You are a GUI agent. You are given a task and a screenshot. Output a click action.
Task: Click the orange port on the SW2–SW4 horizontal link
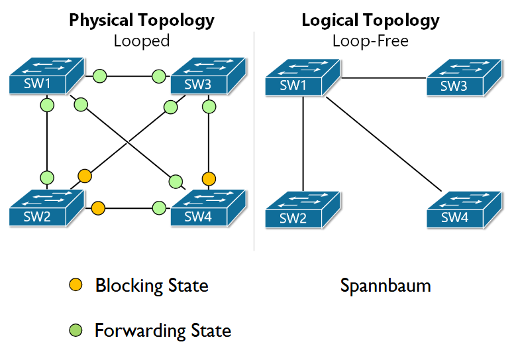pyautogui.click(x=98, y=208)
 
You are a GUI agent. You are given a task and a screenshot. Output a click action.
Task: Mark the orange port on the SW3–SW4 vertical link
pyautogui.click(x=209, y=178)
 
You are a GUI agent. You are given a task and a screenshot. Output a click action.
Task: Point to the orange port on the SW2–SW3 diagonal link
pyautogui.click(x=85, y=176)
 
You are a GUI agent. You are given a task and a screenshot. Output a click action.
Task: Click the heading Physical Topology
pyautogui.click(x=142, y=20)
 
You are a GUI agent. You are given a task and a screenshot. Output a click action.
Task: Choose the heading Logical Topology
pyautogui.click(x=370, y=20)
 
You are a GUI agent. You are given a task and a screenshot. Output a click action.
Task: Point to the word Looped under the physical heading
pyautogui.click(x=142, y=40)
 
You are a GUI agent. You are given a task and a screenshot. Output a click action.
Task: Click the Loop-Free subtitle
pyautogui.click(x=370, y=40)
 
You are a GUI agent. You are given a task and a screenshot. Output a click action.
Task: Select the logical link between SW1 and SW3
pyautogui.click(x=383, y=78)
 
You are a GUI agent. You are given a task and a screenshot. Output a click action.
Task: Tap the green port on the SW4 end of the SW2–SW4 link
pyautogui.click(x=158, y=208)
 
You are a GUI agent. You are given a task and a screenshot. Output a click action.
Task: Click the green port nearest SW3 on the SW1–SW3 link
pyautogui.click(x=158, y=76)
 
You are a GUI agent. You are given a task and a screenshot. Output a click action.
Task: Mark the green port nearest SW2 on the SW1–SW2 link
pyautogui.click(x=46, y=178)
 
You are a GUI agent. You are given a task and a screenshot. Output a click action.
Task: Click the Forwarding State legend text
pyautogui.click(x=163, y=330)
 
